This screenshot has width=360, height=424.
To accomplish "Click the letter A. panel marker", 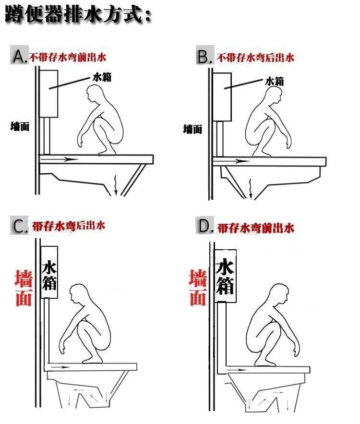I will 20,57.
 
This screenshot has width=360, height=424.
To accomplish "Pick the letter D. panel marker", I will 206,226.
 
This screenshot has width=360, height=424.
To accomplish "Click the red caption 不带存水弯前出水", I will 68,57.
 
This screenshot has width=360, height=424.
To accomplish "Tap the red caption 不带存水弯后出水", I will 255,58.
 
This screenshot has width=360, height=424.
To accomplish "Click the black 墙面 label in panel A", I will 20,127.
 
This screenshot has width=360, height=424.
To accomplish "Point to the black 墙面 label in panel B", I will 192,129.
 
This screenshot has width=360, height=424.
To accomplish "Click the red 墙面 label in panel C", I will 24,288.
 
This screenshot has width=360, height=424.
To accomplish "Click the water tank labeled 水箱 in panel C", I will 49,272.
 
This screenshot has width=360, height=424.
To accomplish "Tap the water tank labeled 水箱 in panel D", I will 225,276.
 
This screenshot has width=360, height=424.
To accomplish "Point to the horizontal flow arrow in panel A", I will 60,159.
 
